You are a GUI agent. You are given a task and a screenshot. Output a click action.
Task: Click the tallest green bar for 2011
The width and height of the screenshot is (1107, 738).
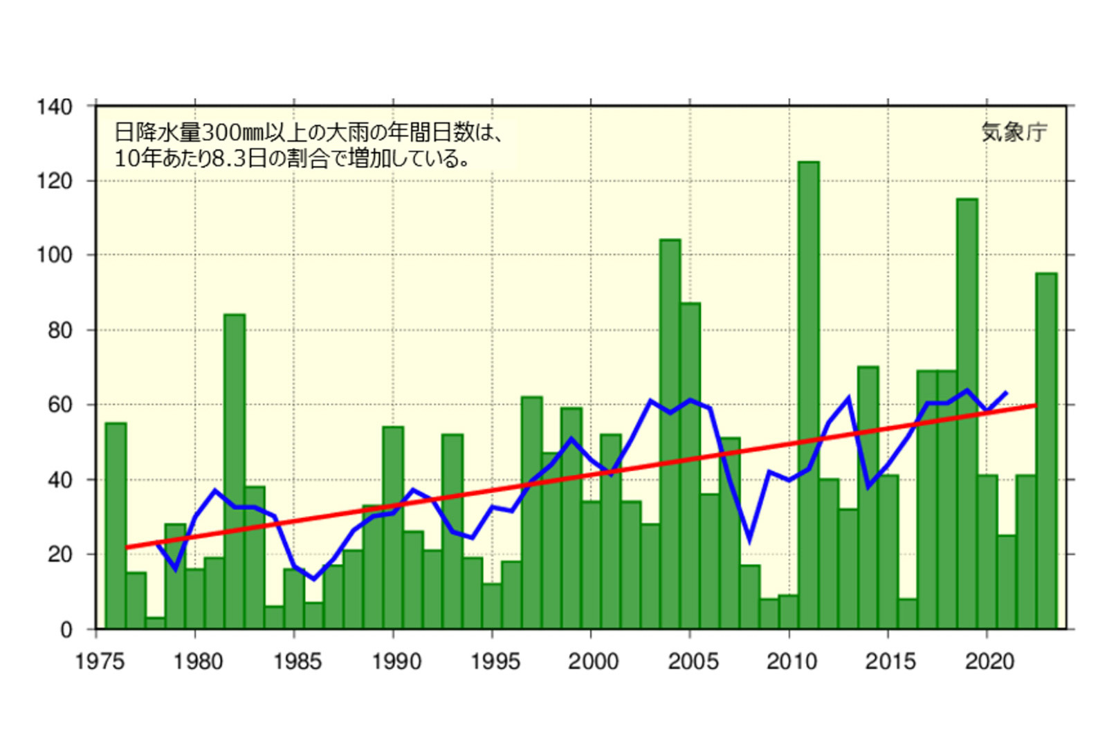[x=808, y=394]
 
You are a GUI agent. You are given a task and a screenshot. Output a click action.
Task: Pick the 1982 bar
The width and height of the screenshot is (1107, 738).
[x=235, y=470]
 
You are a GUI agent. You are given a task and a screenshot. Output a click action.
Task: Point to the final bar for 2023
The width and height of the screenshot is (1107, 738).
[x=1046, y=450]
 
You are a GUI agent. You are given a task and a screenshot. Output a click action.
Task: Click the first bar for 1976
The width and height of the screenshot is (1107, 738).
[x=116, y=526]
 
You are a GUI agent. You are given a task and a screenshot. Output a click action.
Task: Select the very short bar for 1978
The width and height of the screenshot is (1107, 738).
[x=156, y=623]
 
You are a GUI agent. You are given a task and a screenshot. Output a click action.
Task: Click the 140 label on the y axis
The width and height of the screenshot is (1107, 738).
[x=55, y=107]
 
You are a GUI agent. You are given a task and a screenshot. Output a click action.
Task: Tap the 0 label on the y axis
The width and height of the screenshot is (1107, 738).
[x=66, y=629]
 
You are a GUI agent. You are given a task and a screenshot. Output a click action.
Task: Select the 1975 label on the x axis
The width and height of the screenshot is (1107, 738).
[x=100, y=662]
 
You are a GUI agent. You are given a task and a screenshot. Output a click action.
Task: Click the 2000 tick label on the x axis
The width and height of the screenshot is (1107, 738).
[x=593, y=662]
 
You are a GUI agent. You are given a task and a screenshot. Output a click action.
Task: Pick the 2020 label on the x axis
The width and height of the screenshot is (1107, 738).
[x=989, y=662]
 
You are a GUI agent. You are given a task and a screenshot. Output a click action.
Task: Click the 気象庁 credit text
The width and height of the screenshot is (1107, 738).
[x=1014, y=131]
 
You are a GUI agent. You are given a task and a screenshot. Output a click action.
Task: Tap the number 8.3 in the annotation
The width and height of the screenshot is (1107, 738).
[x=228, y=158]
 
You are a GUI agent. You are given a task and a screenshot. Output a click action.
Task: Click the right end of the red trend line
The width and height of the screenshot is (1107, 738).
[x=1035, y=405]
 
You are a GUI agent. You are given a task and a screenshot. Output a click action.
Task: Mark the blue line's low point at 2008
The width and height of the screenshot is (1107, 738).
[x=749, y=540]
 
